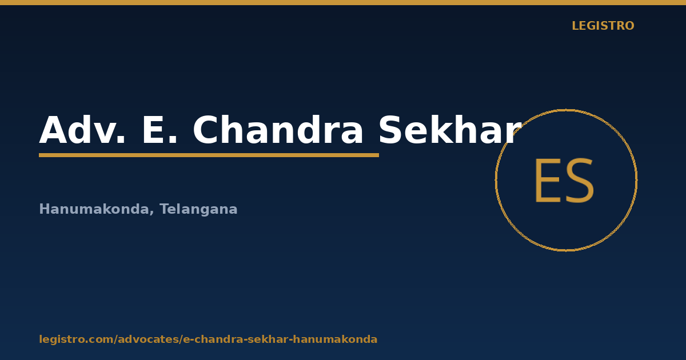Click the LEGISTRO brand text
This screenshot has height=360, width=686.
pos(603,26)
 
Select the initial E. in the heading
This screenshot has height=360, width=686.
pos(159,130)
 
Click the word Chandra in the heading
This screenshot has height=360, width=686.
pos(277,130)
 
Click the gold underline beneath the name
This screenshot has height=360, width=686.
pos(209,155)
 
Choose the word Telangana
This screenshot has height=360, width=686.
pos(198,209)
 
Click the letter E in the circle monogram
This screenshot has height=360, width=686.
pos(548,181)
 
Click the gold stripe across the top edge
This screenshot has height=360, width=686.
pos(343,2)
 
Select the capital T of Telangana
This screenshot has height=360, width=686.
pos(165,209)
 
